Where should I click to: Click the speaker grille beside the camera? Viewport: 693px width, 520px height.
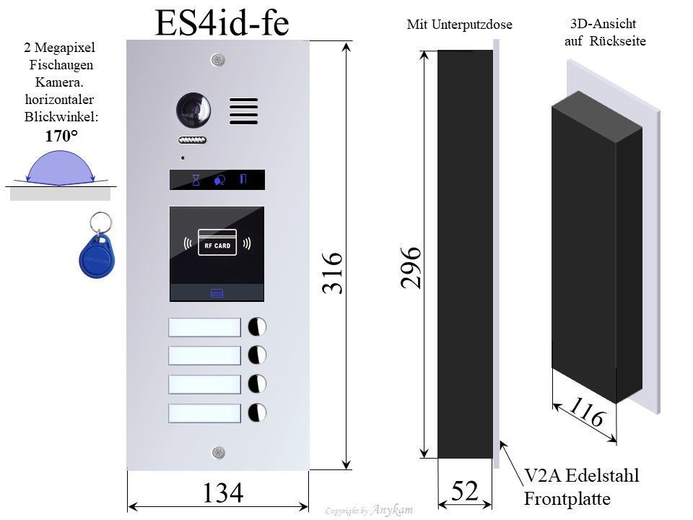tap(244, 111)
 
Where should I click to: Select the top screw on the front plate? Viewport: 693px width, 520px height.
tap(217, 61)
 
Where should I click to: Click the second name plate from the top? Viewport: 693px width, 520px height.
tap(204, 355)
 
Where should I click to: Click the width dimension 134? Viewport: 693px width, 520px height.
tap(222, 494)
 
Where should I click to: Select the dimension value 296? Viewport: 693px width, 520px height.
tap(410, 267)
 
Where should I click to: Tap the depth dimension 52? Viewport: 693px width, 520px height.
tap(465, 491)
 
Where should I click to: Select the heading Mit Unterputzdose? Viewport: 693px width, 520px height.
tap(459, 25)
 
